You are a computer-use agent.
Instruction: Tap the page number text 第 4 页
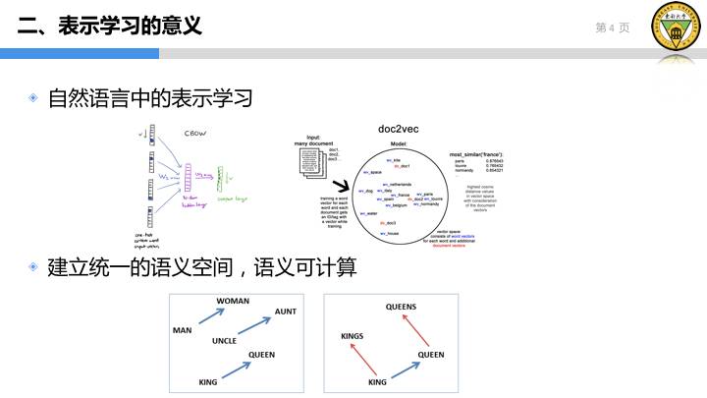point(612,28)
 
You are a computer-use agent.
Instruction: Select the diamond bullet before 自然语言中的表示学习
point(33,98)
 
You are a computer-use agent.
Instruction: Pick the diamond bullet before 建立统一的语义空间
point(33,266)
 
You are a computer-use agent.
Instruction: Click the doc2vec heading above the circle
point(399,129)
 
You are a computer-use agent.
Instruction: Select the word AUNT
point(285,312)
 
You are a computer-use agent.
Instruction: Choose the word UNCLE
point(225,341)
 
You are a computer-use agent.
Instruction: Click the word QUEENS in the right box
point(401,307)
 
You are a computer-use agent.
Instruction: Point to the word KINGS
point(352,336)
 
